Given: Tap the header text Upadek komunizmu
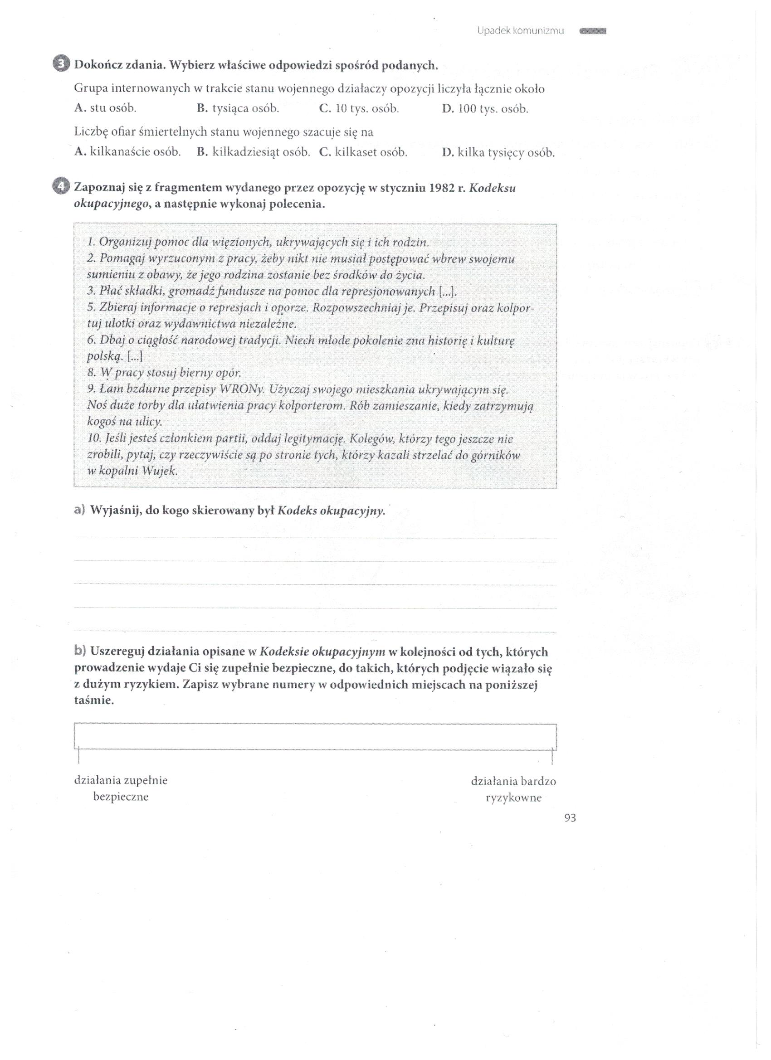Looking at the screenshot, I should point(520,31).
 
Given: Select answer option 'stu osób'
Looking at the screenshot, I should point(105,109).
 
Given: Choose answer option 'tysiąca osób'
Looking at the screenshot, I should point(238,109).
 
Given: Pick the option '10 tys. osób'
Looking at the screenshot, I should point(359,109).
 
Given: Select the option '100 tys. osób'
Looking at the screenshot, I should point(485,109).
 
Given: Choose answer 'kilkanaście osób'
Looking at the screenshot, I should point(127,152).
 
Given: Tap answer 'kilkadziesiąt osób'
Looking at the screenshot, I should point(254,152).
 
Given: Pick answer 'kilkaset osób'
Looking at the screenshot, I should point(363,152).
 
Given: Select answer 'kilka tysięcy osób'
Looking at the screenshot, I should point(498,152).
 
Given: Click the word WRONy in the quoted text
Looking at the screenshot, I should point(244,389).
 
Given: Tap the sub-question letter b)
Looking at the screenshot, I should point(80,651).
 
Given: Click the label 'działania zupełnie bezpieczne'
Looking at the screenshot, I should point(121,788).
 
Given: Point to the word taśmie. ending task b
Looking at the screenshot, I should point(94,700).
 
